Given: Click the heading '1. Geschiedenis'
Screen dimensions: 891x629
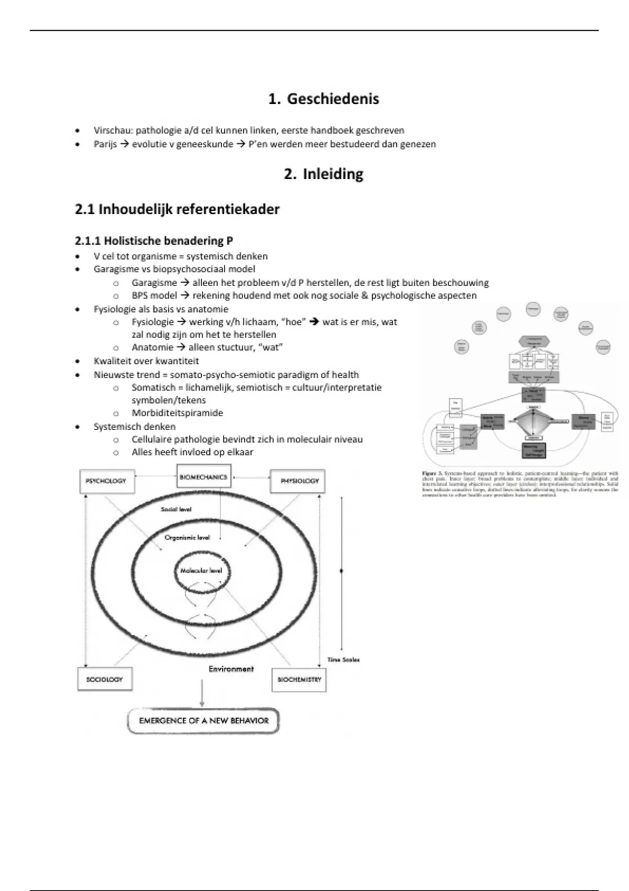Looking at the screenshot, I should click(323, 99).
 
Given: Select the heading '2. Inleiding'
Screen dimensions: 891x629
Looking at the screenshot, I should click(323, 174).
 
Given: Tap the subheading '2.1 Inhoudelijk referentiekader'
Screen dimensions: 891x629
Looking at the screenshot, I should click(177, 209).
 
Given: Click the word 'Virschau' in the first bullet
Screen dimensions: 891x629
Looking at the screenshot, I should click(111, 130).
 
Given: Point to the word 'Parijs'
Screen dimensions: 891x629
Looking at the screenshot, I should click(105, 144).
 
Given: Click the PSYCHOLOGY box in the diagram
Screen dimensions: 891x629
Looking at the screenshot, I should click(106, 481).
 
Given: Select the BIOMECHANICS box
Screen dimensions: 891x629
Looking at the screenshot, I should click(204, 477).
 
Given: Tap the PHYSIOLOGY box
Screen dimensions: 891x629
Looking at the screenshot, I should click(298, 481).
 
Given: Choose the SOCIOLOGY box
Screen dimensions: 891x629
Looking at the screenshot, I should click(104, 679).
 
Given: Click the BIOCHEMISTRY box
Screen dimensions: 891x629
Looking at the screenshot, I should click(299, 679).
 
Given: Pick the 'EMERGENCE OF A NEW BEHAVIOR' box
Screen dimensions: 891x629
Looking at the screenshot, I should click(203, 721).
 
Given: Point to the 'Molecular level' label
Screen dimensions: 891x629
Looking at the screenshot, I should click(201, 571).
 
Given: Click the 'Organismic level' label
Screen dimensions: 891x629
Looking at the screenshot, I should click(187, 538).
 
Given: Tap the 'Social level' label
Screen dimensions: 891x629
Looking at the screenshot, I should click(176, 509).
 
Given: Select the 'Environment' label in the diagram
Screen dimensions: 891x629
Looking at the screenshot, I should click(231, 669).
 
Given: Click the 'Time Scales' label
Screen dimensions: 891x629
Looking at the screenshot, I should click(343, 660).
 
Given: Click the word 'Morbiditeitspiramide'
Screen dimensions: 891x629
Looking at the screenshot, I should click(177, 413).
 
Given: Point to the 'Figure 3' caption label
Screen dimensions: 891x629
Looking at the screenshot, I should click(433, 473).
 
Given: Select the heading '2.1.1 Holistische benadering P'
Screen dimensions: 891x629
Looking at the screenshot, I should click(154, 241).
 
